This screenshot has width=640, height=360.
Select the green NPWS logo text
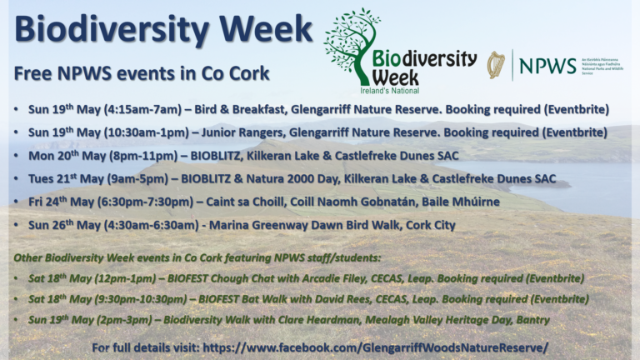(x=547, y=65)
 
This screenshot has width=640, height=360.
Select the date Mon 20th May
(x=61, y=156)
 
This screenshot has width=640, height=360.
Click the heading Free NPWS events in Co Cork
(x=142, y=73)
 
